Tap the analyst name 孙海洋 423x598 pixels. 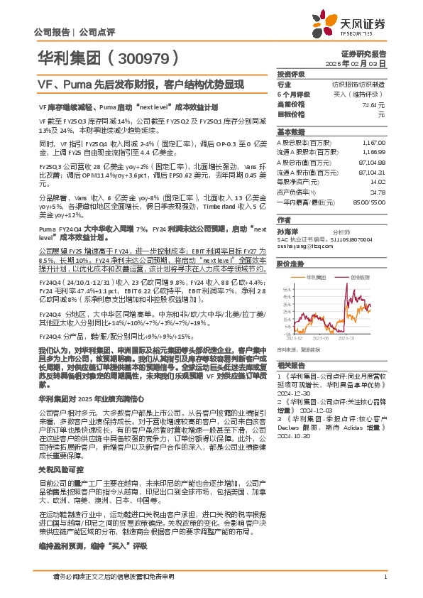pos(287,231)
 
